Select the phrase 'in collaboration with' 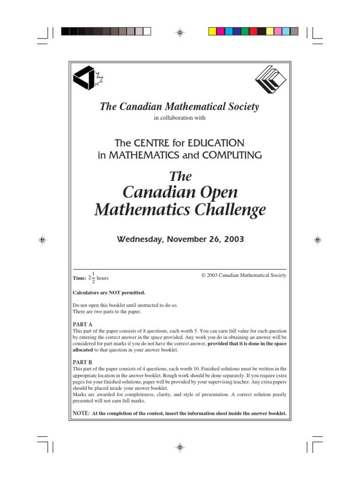(x=180, y=118)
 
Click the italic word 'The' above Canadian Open (x=180, y=176)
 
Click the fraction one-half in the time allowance (x=93, y=277)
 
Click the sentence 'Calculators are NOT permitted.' (x=109, y=292)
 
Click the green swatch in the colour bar (x=245, y=31)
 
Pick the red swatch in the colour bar (x=253, y=31)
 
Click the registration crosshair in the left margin (x=42, y=240)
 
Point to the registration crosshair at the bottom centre (x=180, y=447)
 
